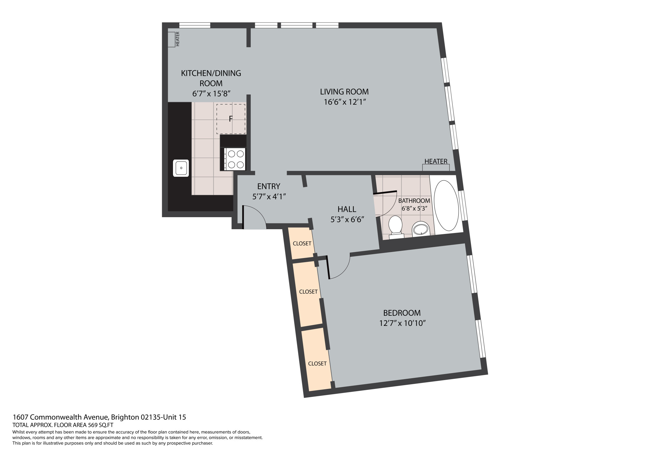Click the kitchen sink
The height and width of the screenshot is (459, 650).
(181, 168)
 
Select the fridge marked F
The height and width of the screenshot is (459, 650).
(231, 119)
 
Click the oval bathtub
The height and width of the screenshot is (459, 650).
(446, 205)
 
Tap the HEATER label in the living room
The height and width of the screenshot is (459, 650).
(436, 161)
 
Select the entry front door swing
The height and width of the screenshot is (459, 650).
(254, 218)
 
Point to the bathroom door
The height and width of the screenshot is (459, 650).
(385, 203)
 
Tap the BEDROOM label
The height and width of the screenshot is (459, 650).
(402, 313)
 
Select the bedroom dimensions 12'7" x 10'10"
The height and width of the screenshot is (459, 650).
(402, 323)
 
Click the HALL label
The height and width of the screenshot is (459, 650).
(347, 209)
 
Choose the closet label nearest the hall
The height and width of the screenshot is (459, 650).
(302, 243)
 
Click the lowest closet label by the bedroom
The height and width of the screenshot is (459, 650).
(317, 364)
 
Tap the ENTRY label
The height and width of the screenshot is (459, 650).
(269, 186)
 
